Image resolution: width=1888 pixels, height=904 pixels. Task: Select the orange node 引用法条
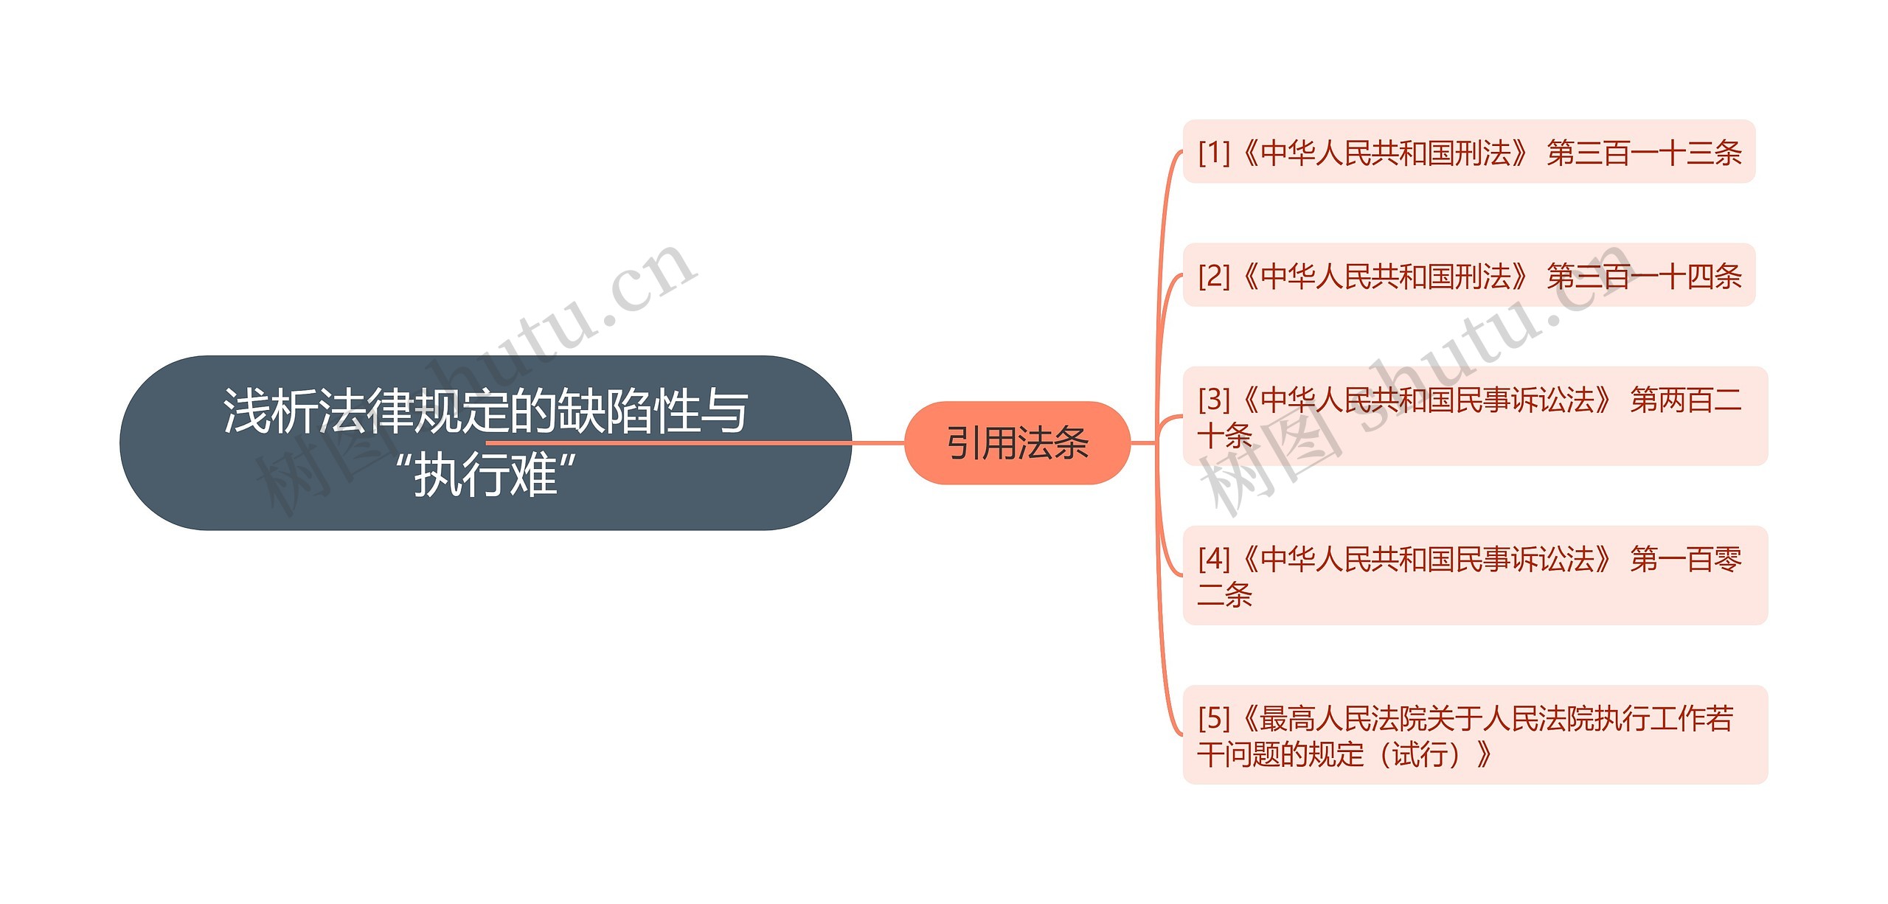(x=1017, y=443)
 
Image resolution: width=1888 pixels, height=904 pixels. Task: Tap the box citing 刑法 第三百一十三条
(x=1468, y=152)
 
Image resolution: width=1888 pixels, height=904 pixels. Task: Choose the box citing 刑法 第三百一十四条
(x=1468, y=275)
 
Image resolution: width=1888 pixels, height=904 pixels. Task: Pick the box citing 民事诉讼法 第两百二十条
(x=1475, y=416)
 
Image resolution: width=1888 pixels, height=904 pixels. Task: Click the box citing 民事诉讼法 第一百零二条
(x=1475, y=575)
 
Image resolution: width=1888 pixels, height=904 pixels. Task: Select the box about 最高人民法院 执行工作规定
(x=1475, y=734)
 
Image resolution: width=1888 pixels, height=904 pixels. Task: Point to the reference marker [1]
(x=1214, y=153)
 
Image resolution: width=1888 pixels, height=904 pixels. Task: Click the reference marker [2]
(x=1214, y=276)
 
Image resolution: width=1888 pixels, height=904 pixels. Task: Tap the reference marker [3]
(x=1214, y=400)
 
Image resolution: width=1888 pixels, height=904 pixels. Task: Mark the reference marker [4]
(x=1214, y=559)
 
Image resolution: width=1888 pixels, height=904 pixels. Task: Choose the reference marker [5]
(x=1214, y=717)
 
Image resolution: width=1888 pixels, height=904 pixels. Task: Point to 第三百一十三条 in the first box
(x=1644, y=153)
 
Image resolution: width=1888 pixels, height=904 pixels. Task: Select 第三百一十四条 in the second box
(x=1644, y=276)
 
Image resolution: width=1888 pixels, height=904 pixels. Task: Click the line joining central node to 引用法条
(x=878, y=443)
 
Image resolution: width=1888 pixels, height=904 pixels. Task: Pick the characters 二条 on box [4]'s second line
(x=1225, y=594)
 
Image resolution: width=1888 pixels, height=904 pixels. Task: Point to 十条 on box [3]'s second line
(x=1225, y=435)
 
